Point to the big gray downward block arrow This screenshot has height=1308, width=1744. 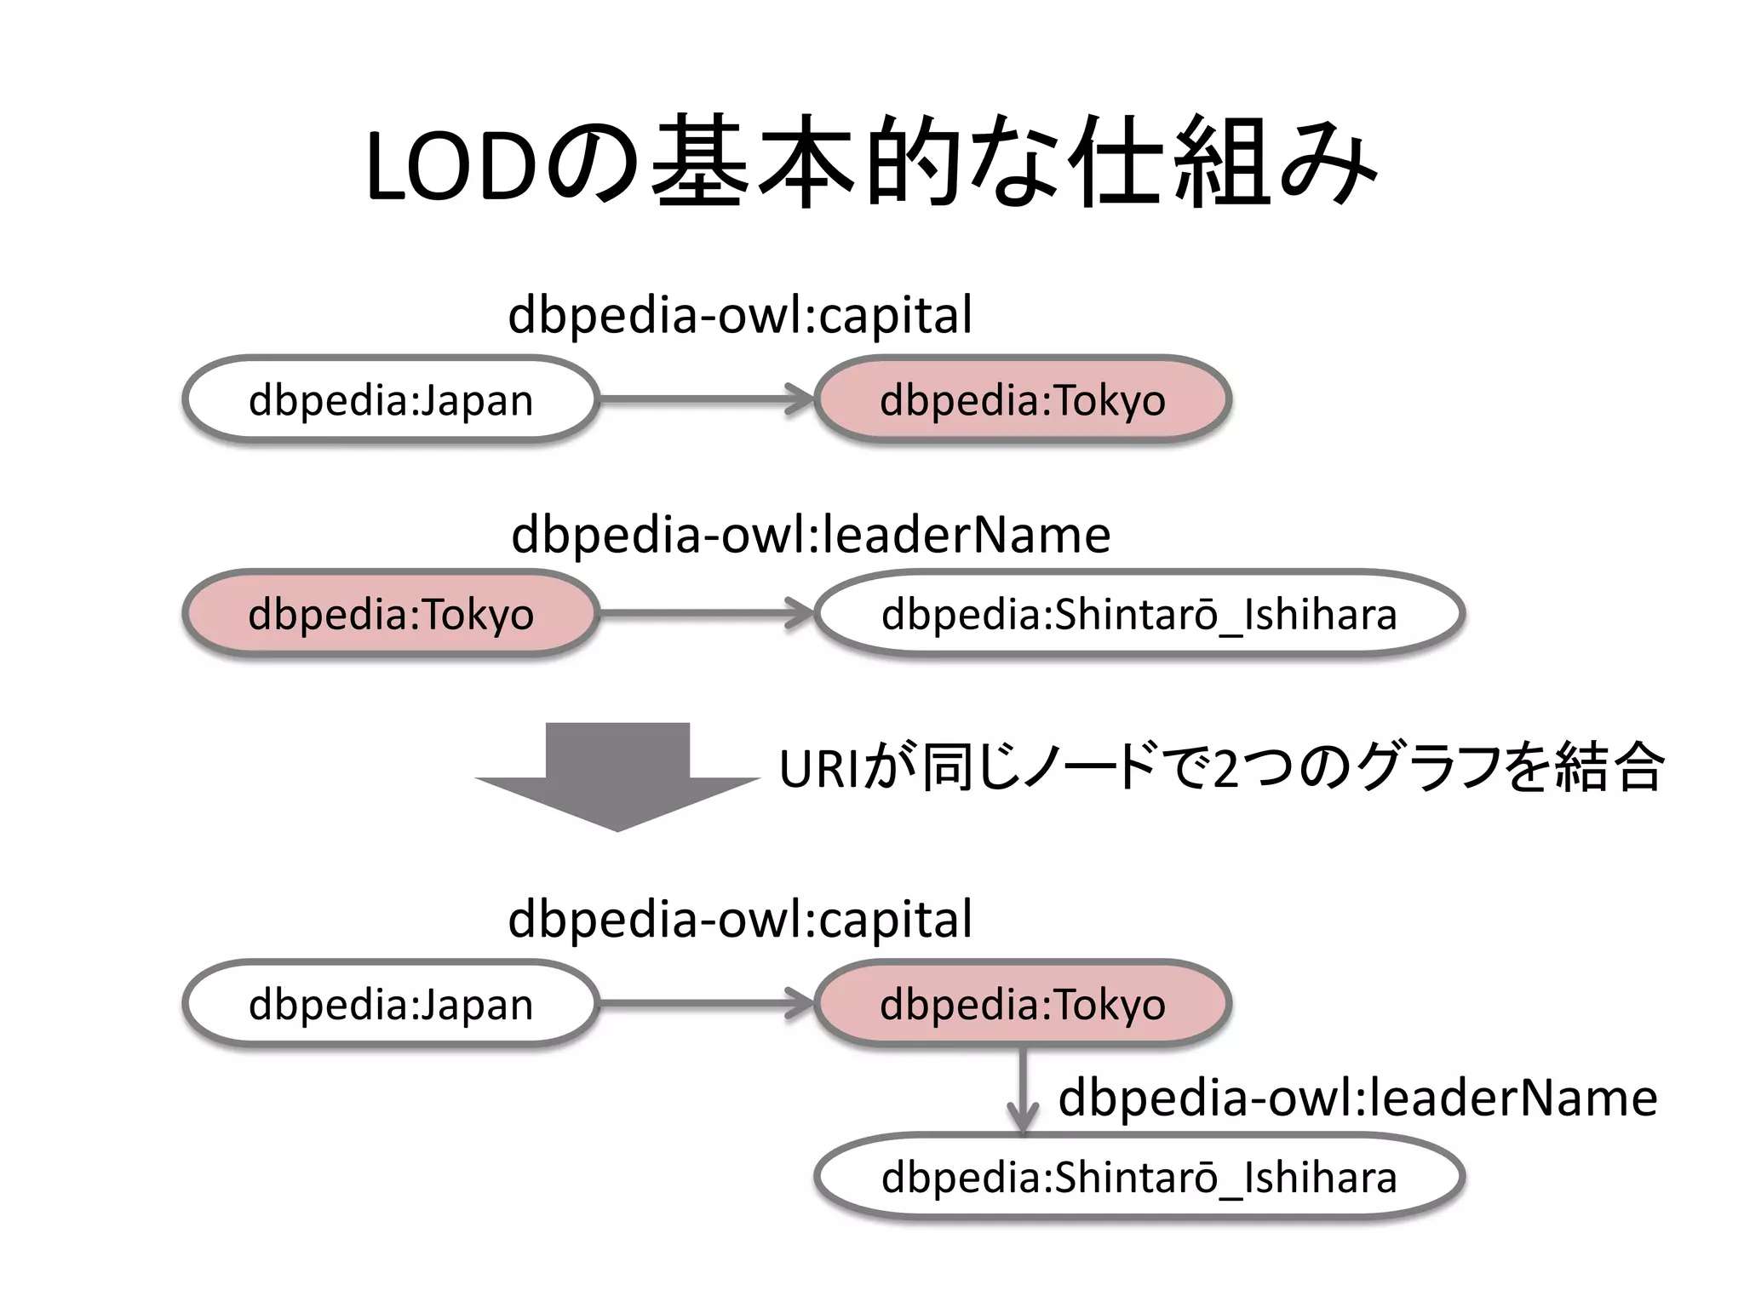click(617, 775)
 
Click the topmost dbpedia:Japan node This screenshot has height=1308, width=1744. click(391, 399)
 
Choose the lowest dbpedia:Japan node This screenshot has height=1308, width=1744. click(391, 1004)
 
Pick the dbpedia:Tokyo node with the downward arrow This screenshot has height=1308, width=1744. click(1022, 1004)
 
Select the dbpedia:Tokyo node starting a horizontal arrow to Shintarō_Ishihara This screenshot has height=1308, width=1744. click(391, 613)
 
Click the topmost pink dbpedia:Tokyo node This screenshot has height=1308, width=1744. click(1022, 399)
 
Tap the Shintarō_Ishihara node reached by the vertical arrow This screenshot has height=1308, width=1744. click(1139, 1177)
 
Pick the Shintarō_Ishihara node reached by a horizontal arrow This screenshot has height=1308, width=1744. click(1139, 613)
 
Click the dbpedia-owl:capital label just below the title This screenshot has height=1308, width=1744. click(739, 315)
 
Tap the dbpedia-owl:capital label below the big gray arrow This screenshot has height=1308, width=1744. click(739, 920)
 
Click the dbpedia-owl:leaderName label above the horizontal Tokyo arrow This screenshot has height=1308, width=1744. click(811, 535)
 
